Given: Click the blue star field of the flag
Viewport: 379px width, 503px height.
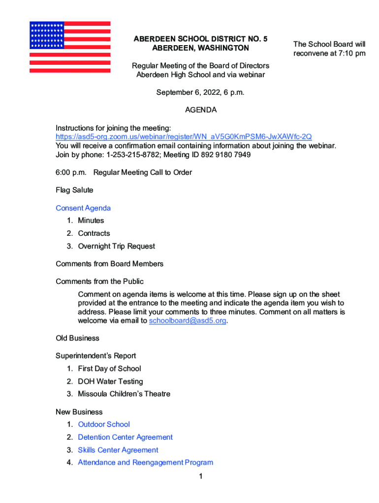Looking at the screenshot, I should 47,35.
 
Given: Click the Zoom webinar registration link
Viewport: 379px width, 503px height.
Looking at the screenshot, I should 184,137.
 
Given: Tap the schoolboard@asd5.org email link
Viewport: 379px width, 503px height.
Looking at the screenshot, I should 188,321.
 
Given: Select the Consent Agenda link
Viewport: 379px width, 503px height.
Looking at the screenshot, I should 83,208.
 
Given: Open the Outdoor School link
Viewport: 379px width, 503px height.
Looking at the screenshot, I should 104,424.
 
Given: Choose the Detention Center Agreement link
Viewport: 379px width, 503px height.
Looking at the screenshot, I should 125,437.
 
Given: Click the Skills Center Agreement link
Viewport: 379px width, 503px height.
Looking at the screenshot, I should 118,450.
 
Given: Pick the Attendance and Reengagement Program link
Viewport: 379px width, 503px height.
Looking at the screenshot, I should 145,463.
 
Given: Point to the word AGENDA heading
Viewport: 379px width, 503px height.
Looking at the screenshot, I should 201,110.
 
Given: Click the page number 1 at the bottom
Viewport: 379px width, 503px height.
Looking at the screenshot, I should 201,476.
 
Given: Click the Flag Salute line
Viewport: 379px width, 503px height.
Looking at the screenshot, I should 74,190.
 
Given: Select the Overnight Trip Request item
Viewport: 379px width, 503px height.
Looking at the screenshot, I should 116,246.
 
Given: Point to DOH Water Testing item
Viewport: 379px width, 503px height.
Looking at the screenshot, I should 110,381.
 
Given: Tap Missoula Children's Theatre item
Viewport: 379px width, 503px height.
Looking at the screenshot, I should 124,394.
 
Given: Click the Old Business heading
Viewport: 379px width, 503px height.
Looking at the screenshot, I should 77,338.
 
